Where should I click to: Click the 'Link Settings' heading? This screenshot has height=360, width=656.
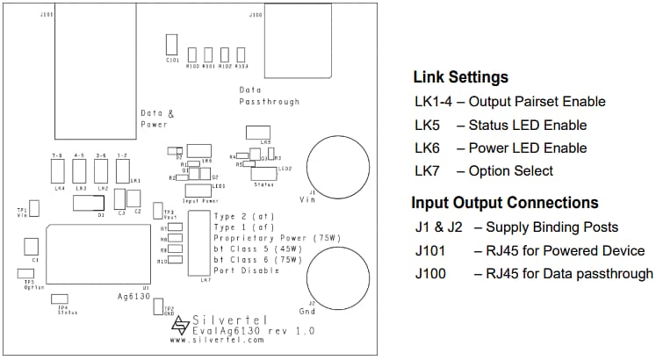(460, 77)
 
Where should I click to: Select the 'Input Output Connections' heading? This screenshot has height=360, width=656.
(504, 204)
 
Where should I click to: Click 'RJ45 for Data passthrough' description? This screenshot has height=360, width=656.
(563, 274)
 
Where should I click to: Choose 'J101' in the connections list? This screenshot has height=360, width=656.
(431, 251)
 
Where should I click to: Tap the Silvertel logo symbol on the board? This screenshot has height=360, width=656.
(180, 326)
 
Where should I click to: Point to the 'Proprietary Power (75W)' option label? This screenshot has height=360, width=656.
(277, 238)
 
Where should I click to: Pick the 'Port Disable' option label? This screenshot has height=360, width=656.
(246, 270)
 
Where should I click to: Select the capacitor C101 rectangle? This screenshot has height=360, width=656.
(172, 46)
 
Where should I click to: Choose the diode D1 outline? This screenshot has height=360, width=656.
(89, 204)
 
